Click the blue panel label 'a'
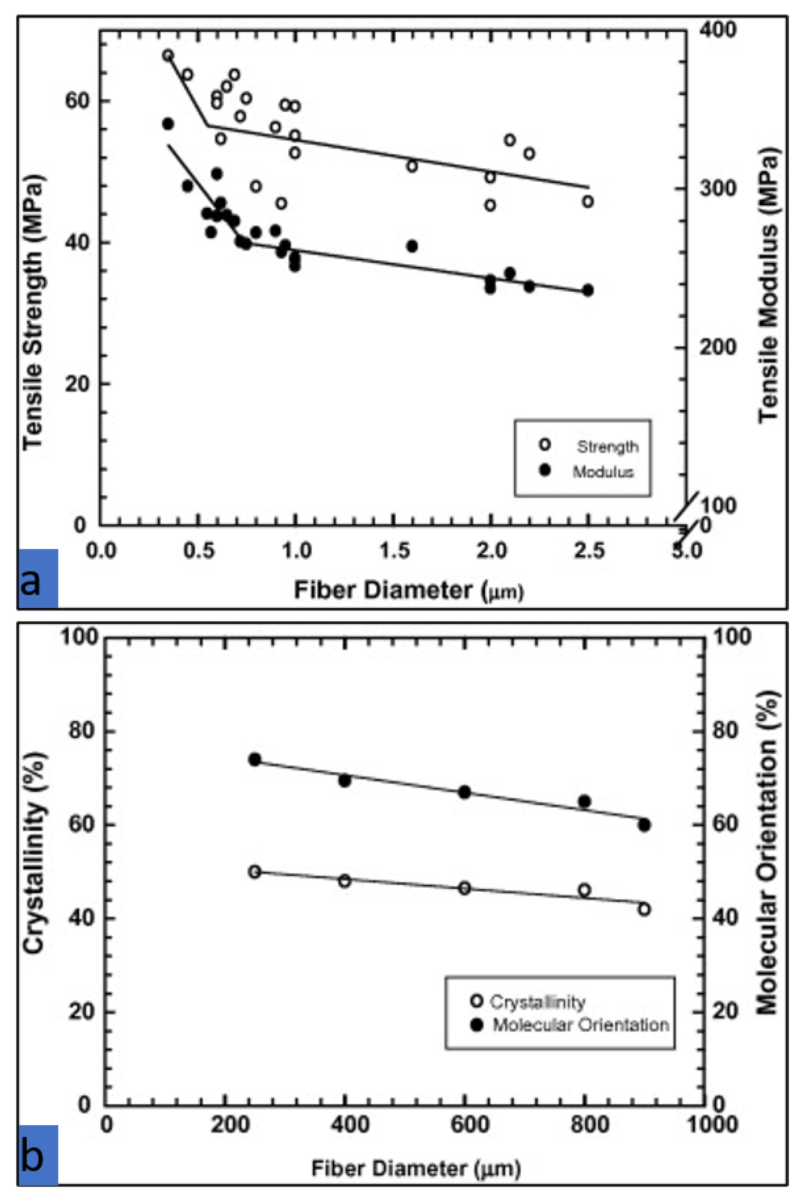click(x=38, y=578)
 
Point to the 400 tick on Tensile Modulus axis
click(x=718, y=29)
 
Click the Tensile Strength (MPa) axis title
click(x=33, y=314)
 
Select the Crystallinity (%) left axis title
click(x=34, y=853)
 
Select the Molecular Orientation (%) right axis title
click(x=767, y=853)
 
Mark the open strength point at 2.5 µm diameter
click(x=588, y=202)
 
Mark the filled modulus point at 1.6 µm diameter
click(x=412, y=246)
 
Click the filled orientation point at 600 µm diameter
click(x=465, y=792)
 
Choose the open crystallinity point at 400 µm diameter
click(x=345, y=881)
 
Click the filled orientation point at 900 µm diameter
click(x=644, y=825)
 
